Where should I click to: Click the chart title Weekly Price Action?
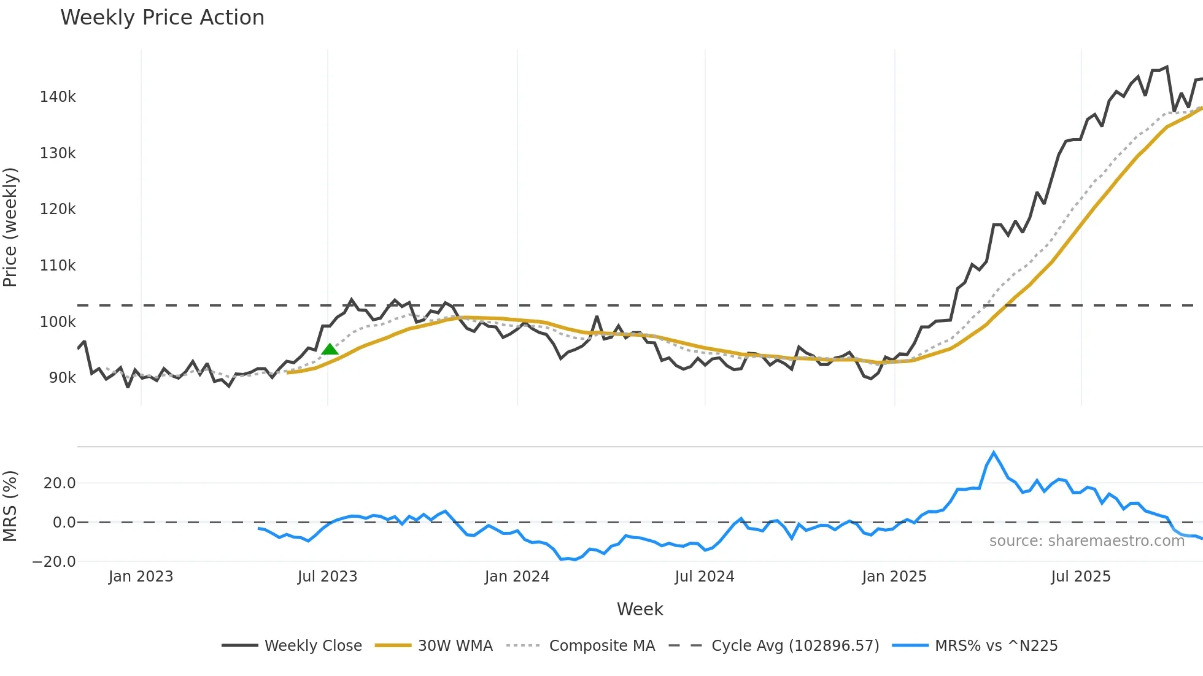click(162, 18)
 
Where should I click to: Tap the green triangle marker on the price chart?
click(330, 350)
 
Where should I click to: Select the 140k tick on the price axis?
click(58, 97)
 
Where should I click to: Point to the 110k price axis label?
click(58, 266)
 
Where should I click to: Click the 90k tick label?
click(62, 378)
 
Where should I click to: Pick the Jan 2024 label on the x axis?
click(517, 577)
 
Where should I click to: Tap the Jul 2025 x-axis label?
click(1080, 577)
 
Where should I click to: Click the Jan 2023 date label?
click(141, 577)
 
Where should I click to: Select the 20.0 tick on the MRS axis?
click(60, 483)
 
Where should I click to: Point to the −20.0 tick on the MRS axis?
click(54, 562)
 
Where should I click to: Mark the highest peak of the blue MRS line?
click(994, 453)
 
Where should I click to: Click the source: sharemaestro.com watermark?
click(1086, 541)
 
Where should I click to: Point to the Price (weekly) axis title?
click(10, 227)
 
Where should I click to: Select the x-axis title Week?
click(640, 609)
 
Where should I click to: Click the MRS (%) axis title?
click(10, 506)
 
